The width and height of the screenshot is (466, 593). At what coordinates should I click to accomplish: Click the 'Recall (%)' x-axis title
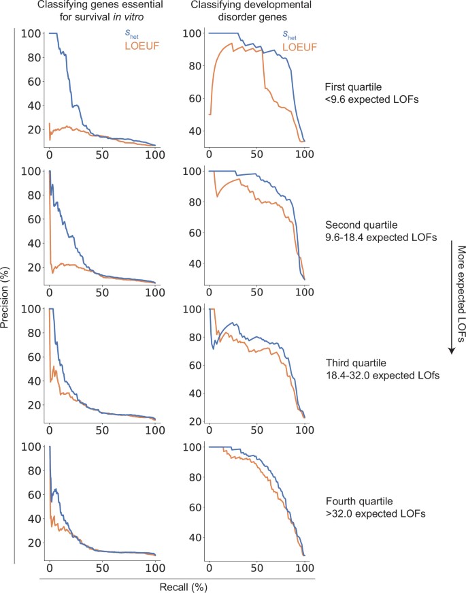177,586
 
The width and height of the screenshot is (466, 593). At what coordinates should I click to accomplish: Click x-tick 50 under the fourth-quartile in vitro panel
102,567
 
